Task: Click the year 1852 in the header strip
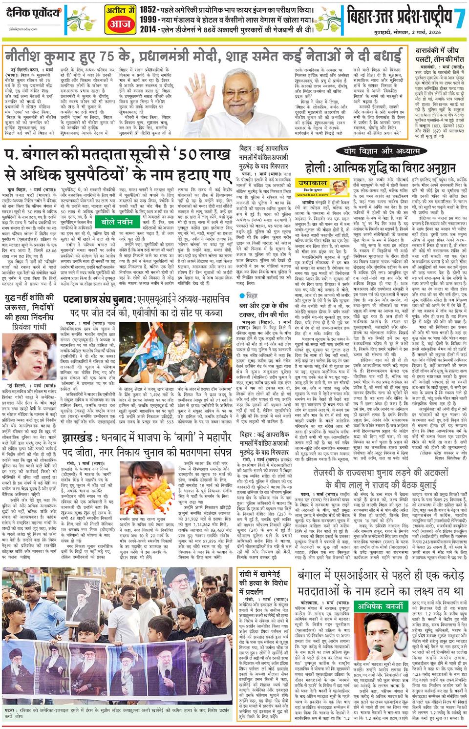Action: tap(149, 9)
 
